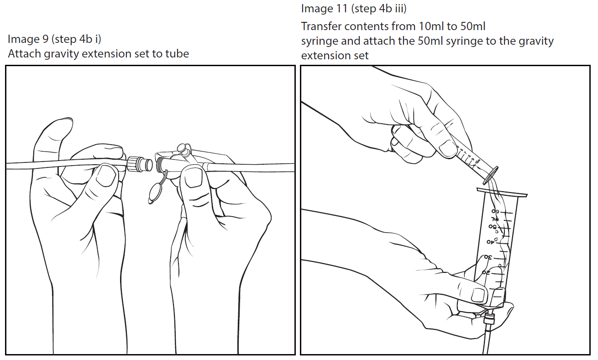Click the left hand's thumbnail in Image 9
(x=106, y=176)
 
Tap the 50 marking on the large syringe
(x=493, y=226)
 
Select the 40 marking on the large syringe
(x=490, y=242)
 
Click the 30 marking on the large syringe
(x=488, y=257)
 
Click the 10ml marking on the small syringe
(x=477, y=162)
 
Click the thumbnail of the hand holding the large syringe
(x=478, y=295)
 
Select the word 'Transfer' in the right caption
(x=321, y=26)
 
